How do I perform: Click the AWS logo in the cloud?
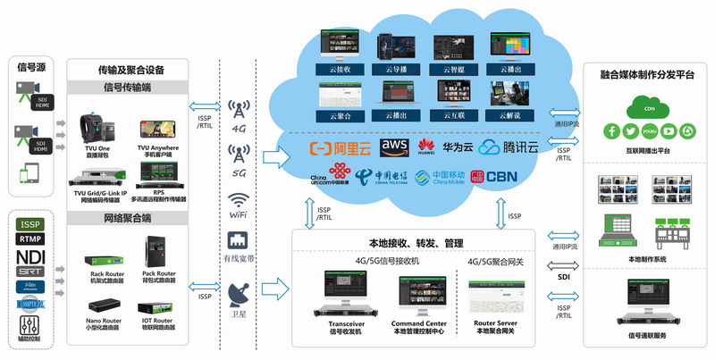pyautogui.click(x=395, y=147)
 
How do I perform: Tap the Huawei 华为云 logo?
pyautogui.click(x=441, y=147)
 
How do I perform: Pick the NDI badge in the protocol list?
pyautogui.click(x=29, y=255)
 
